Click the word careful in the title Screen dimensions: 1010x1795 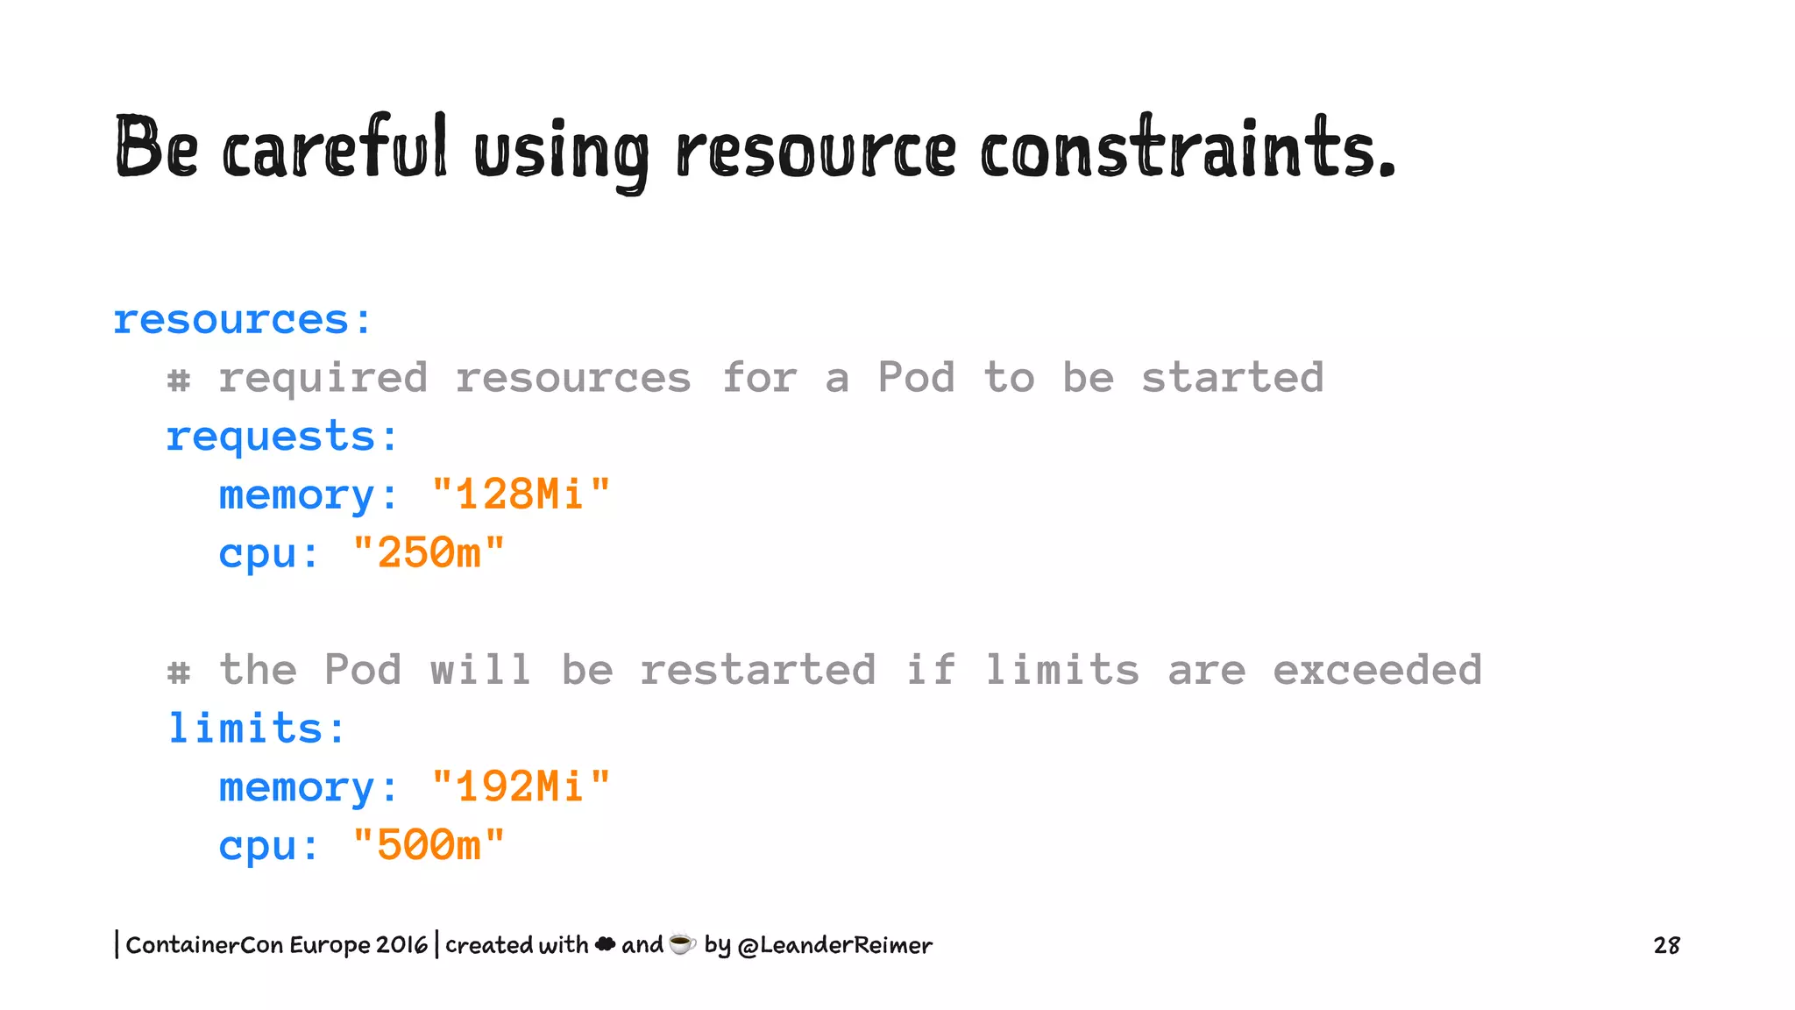point(335,149)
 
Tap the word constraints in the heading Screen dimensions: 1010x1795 point(1187,149)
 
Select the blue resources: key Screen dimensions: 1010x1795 point(243,319)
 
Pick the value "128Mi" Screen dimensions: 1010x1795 point(521,494)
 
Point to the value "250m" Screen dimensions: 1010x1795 point(429,553)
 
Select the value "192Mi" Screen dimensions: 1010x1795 point(521,786)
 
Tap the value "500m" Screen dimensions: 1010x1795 point(429,845)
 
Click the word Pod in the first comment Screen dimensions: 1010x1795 point(916,378)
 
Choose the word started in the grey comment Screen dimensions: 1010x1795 point(1231,378)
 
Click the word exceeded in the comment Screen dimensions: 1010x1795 point(1377,671)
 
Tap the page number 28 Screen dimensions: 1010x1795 point(1666,945)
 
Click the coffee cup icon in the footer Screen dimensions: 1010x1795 point(682,943)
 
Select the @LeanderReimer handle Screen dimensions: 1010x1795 point(834,945)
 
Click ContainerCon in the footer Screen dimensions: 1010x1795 point(204,945)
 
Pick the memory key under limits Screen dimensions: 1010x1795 point(297,787)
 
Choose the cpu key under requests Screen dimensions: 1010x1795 point(257,554)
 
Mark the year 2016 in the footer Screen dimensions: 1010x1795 point(401,945)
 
